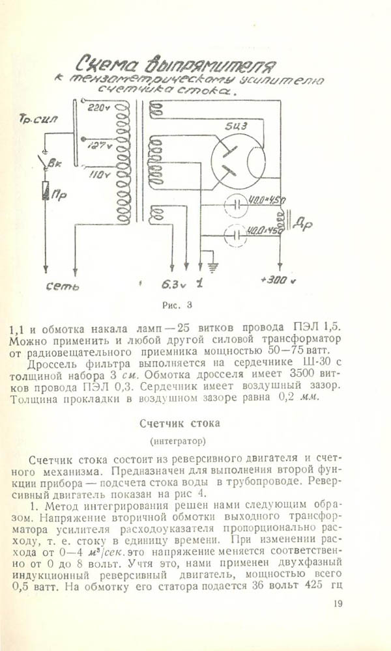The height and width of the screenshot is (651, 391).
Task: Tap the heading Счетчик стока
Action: tap(180, 423)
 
